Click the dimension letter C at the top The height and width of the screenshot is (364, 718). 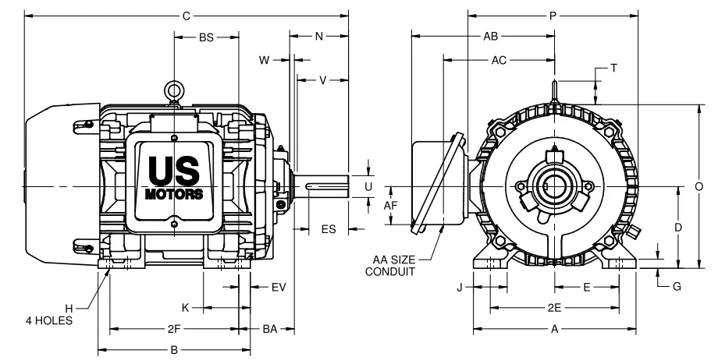(186, 16)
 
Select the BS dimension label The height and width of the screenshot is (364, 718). (207, 37)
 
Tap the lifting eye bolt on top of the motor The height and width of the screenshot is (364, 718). (174, 91)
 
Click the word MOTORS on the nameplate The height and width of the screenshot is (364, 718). (174, 194)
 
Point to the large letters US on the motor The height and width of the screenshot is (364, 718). (174, 170)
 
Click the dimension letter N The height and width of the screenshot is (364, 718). (319, 36)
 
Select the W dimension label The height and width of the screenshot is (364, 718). (265, 60)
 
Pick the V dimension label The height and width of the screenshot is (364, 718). (323, 80)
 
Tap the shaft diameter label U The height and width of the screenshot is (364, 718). (368, 186)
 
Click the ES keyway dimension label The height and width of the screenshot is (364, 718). (329, 228)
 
